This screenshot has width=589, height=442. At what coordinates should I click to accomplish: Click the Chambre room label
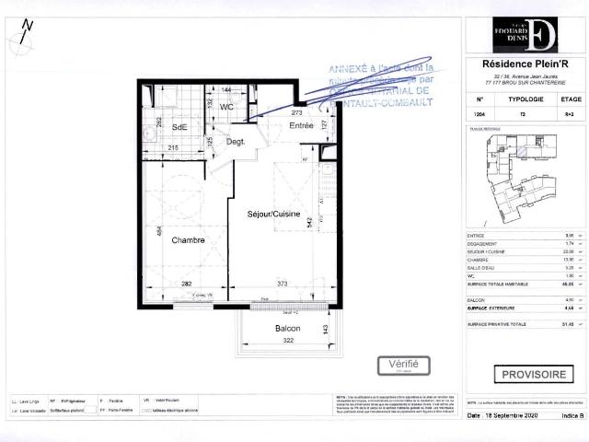(186, 240)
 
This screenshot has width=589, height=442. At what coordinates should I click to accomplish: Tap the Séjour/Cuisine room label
(273, 214)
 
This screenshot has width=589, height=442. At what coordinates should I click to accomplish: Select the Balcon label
(288, 329)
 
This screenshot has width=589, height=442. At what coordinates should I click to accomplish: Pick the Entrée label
(301, 125)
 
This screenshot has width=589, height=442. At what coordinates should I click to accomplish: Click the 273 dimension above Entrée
(296, 112)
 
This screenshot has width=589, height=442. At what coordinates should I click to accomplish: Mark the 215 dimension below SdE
(173, 148)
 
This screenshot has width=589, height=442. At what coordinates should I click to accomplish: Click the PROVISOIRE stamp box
(533, 375)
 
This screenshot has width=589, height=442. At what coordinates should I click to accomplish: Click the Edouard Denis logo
(523, 33)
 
